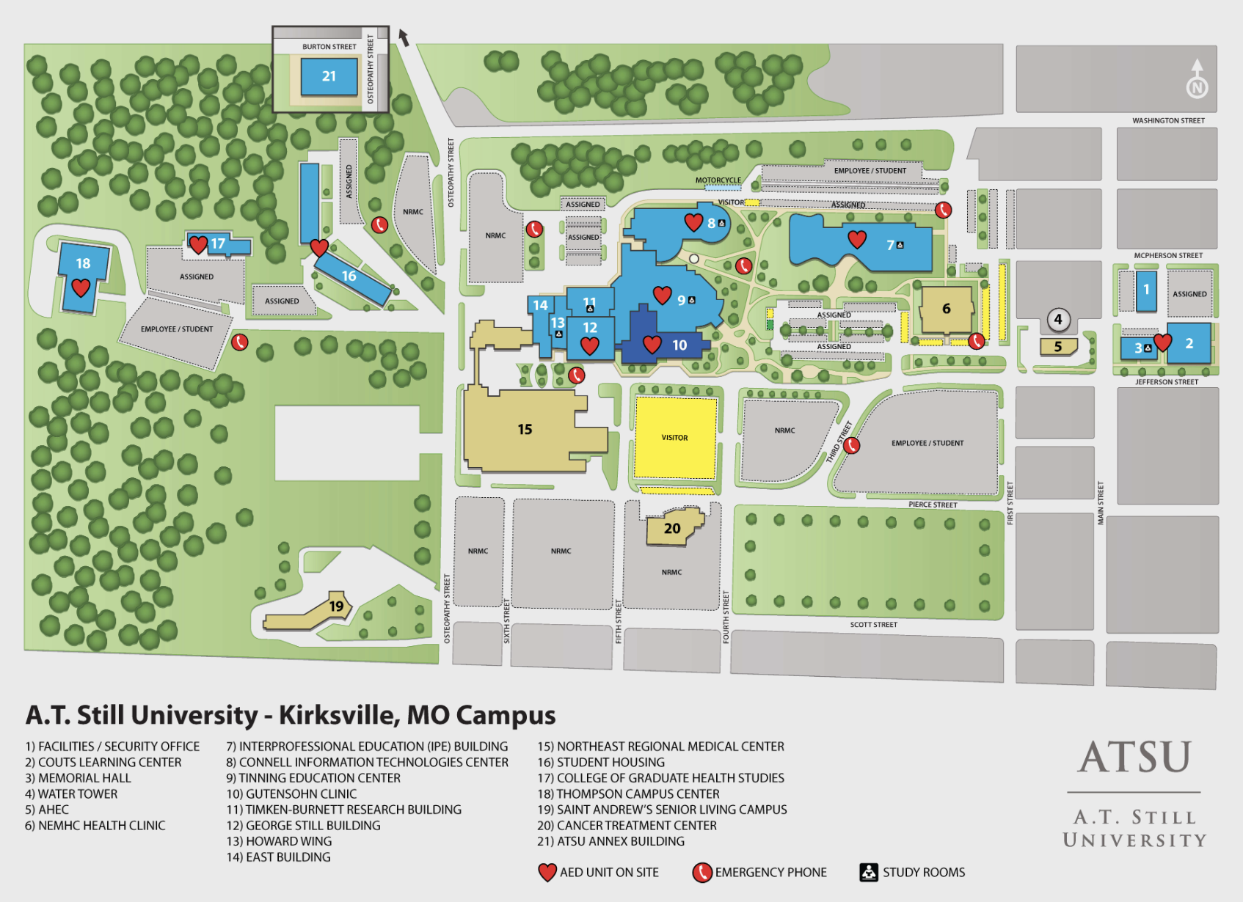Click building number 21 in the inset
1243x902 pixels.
pyautogui.click(x=329, y=76)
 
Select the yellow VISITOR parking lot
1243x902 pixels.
pyautogui.click(x=675, y=438)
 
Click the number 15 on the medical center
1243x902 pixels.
pyautogui.click(x=525, y=430)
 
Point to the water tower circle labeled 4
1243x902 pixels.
pyautogui.click(x=1057, y=319)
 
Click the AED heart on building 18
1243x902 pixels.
pyautogui.click(x=81, y=287)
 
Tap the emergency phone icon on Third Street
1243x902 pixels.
pyautogui.click(x=851, y=445)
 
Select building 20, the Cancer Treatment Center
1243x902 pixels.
pyautogui.click(x=673, y=528)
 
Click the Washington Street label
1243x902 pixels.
pyautogui.click(x=1168, y=120)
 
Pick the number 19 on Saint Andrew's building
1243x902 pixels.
pyautogui.click(x=336, y=606)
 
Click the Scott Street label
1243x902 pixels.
pyautogui.click(x=873, y=625)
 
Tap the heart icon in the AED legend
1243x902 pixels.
pyautogui.click(x=547, y=872)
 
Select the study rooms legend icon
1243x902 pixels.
pyautogui.click(x=869, y=872)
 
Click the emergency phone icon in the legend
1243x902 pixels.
pyautogui.click(x=702, y=872)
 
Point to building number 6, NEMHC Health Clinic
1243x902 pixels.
pyautogui.click(x=946, y=309)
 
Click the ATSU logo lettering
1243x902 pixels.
pyautogui.click(x=1134, y=757)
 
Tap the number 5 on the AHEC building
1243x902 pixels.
pyautogui.click(x=1057, y=347)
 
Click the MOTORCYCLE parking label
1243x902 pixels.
pyautogui.click(x=718, y=180)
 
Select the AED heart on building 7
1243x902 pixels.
pyautogui.click(x=857, y=239)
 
